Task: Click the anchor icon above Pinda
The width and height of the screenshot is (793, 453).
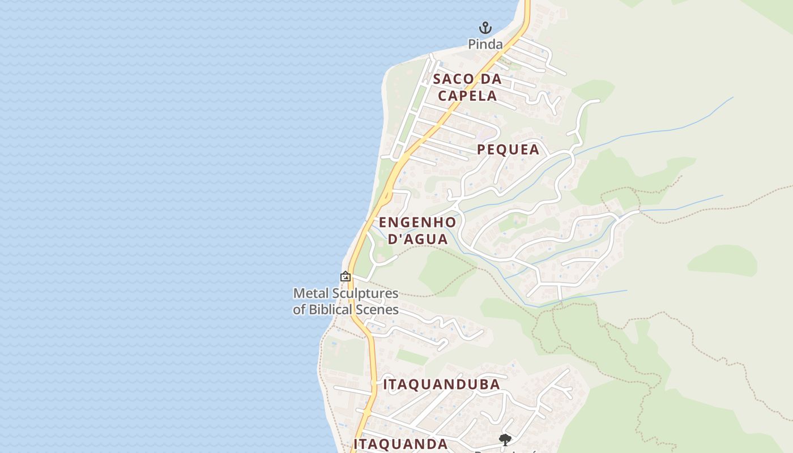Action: [485, 27]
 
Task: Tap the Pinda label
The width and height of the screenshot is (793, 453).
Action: [485, 44]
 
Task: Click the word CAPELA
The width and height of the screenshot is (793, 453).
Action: [467, 96]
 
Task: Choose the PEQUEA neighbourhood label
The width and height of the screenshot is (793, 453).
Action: [508, 149]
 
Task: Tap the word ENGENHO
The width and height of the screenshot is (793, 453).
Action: [417, 222]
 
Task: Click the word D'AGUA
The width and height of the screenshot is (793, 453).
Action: [418, 239]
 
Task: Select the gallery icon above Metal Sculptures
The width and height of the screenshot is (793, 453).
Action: [345, 276]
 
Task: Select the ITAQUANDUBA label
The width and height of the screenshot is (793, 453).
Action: [441, 384]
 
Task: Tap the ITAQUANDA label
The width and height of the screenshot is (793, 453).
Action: [400, 444]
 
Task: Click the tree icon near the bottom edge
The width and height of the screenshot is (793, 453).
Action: [505, 439]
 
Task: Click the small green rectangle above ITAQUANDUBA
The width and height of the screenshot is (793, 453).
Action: [412, 357]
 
